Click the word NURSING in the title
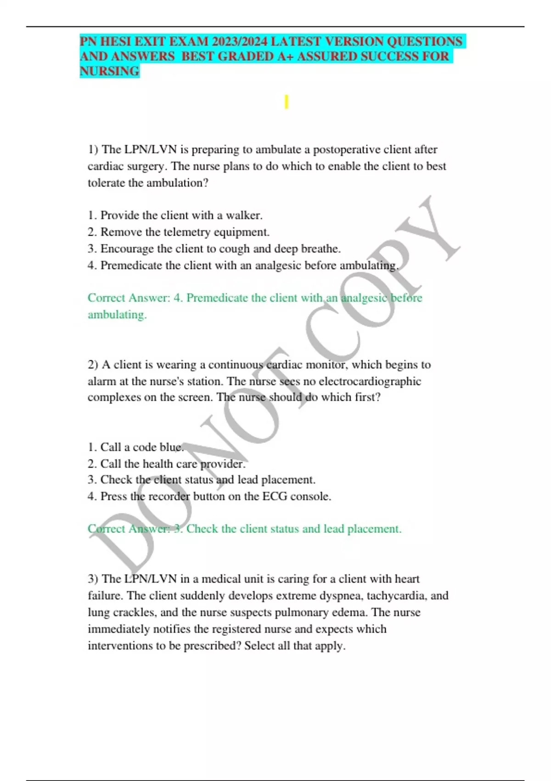pyautogui.click(x=109, y=71)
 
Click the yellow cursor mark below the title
pyautogui.click(x=286, y=102)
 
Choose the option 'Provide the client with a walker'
pyautogui.click(x=175, y=215)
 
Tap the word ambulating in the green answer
pyautogui.click(x=117, y=315)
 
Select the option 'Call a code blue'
pyautogui.click(x=135, y=447)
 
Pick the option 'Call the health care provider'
pyautogui.click(x=166, y=464)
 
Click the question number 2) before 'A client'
pyautogui.click(x=93, y=365)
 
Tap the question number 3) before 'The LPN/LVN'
pyautogui.click(x=93, y=579)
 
